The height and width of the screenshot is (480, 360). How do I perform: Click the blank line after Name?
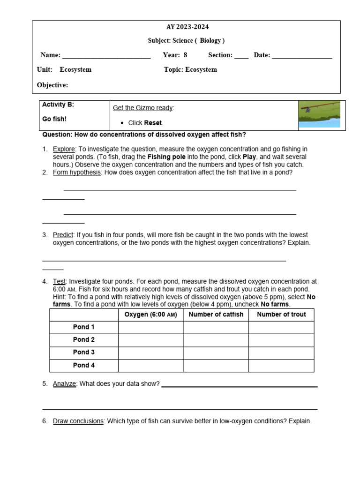click(x=106, y=56)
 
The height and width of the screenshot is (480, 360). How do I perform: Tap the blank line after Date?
click(x=302, y=56)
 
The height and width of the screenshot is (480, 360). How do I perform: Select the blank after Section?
click(x=241, y=56)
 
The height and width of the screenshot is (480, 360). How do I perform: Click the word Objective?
click(x=52, y=85)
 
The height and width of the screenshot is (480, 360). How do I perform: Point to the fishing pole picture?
click(x=320, y=114)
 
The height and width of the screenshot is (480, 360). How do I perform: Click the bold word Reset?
click(x=153, y=123)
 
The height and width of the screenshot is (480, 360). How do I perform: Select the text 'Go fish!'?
click(x=54, y=119)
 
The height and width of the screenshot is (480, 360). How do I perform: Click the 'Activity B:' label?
click(x=58, y=105)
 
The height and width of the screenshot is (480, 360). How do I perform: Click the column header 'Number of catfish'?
click(x=216, y=315)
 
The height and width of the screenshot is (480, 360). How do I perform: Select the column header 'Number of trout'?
click(x=281, y=315)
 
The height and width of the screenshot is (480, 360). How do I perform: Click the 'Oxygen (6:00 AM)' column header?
click(x=150, y=315)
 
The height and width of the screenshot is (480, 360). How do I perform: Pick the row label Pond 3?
click(x=84, y=352)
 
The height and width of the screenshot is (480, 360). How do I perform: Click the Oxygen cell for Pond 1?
click(x=150, y=327)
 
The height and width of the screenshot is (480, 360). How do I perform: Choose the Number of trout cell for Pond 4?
click(x=281, y=365)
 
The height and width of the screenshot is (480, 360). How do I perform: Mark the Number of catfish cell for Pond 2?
click(x=216, y=340)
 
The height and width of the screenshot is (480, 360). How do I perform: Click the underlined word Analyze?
click(x=64, y=384)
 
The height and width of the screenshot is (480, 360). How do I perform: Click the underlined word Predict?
click(x=63, y=235)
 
